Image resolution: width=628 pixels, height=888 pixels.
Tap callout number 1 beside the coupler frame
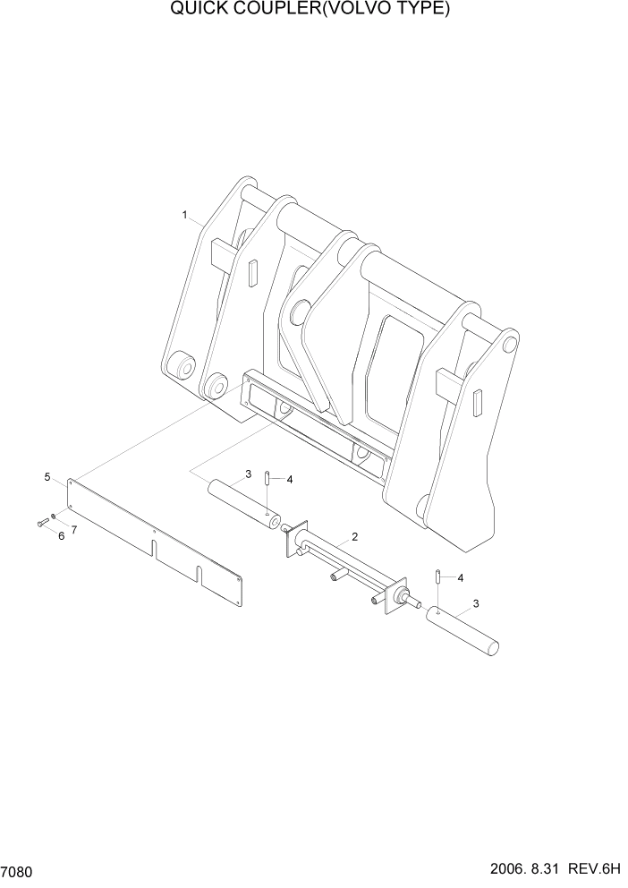184,215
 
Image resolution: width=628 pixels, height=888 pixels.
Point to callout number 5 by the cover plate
47,478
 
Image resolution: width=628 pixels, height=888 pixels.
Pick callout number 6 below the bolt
61,535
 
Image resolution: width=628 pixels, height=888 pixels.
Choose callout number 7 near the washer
73,530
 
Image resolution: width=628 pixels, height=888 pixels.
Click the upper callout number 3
248,474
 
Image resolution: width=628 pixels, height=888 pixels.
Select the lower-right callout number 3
476,603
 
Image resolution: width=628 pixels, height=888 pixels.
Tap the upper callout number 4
289,480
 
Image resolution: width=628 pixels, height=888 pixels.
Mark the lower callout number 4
460,578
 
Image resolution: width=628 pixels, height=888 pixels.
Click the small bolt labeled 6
42,523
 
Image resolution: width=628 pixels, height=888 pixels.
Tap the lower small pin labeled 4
437,576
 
